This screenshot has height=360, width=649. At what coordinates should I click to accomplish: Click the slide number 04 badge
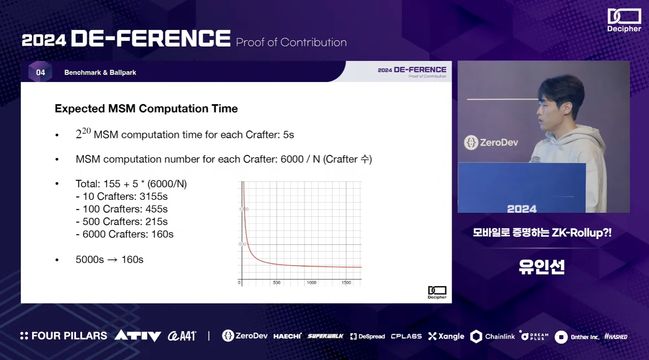pos(40,72)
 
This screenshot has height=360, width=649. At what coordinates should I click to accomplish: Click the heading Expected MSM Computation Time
pos(146,109)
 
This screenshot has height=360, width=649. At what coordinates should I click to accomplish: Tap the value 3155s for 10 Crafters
pos(153,196)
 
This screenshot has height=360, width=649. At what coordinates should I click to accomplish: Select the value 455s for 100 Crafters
pos(156,209)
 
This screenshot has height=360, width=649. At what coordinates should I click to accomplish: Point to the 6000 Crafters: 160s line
pos(125,234)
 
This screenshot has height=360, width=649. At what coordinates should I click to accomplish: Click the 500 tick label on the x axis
pos(277,283)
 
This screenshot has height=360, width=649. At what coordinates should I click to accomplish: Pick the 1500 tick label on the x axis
pos(346,283)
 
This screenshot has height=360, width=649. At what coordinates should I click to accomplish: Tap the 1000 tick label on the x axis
pos(312,283)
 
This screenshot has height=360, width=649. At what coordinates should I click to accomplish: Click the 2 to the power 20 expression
pos(83,133)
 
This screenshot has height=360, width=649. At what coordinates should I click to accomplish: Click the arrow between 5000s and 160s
pos(113,260)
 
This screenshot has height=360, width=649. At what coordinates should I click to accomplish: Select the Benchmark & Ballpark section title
pos(100,73)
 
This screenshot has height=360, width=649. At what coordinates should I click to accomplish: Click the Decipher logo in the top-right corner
pos(624,20)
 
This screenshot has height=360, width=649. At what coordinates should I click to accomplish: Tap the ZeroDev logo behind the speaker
pos(491,143)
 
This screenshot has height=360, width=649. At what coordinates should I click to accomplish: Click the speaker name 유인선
pos(542,267)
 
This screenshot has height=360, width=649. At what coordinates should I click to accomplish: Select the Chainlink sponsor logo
pos(492,336)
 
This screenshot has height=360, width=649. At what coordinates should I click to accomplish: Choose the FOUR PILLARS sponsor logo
pos(64,336)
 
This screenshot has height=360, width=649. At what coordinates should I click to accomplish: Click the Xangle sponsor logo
pos(446,336)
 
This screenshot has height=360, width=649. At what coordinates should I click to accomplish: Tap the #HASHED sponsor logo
pos(615,336)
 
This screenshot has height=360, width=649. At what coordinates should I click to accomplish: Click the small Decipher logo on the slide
pos(437,292)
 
